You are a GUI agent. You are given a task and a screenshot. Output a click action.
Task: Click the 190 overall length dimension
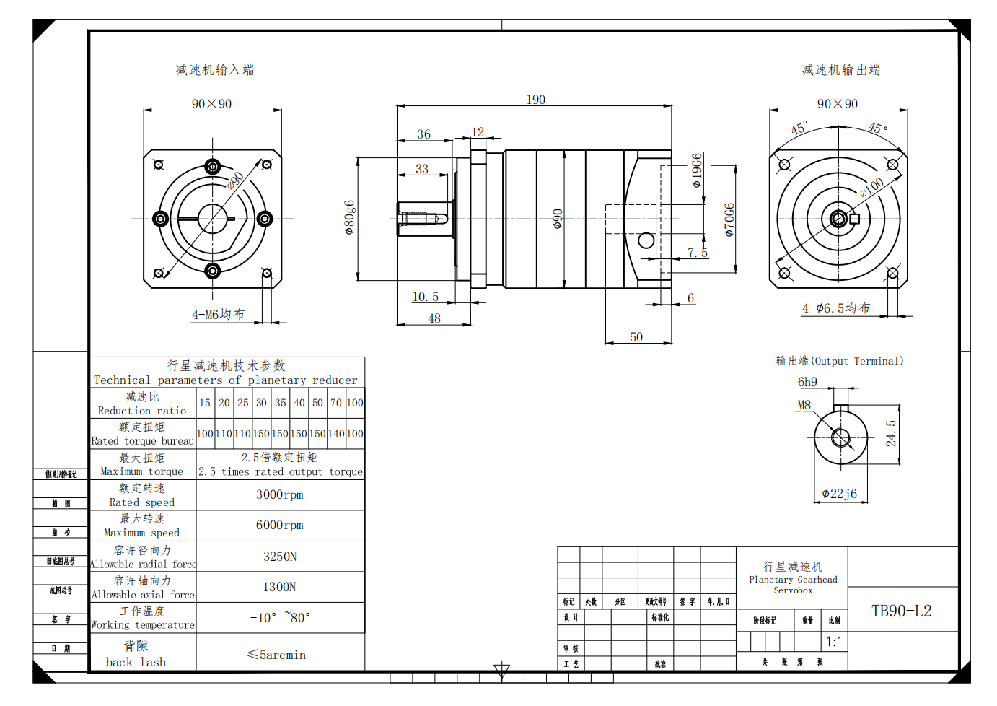click(x=535, y=100)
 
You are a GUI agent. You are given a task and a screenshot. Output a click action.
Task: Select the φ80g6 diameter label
click(x=350, y=217)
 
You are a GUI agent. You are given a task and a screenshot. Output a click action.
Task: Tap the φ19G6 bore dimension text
click(x=697, y=170)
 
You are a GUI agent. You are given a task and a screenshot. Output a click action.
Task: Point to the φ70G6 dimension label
click(x=729, y=219)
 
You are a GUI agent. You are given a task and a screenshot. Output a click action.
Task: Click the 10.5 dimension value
click(x=425, y=297)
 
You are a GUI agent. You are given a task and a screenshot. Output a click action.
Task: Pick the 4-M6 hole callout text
click(x=218, y=315)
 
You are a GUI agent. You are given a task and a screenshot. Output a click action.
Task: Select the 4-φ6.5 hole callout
click(x=836, y=308)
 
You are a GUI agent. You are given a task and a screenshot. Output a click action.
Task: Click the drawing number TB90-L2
click(x=901, y=611)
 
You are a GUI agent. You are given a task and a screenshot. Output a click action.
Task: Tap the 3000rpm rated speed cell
click(x=280, y=494)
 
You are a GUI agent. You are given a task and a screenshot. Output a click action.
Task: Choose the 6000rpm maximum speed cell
click(x=280, y=525)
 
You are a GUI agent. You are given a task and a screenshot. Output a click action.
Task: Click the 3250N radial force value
click(x=280, y=557)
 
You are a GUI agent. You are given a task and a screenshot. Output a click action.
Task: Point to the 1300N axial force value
click(x=280, y=587)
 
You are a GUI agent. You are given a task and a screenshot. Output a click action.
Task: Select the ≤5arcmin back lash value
click(x=276, y=655)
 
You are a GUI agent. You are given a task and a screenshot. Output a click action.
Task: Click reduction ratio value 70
click(x=336, y=403)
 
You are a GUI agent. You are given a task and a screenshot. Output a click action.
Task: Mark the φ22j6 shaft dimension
click(x=840, y=494)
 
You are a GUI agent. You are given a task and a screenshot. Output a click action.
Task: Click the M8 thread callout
click(x=804, y=405)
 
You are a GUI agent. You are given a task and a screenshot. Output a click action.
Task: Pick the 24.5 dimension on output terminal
click(x=891, y=433)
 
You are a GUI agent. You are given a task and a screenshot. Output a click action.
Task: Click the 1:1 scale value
click(x=834, y=642)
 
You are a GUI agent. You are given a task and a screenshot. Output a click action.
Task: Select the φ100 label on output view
click(x=871, y=187)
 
